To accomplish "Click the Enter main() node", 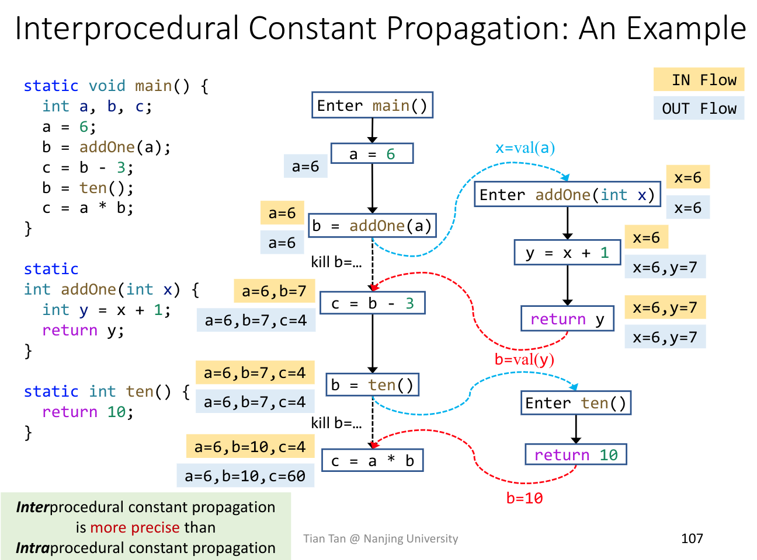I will (372, 106).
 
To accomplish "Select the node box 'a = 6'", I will (372, 154).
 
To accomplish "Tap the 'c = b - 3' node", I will (372, 303).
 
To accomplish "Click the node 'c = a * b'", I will (372, 461).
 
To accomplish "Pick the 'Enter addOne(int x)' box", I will (567, 195).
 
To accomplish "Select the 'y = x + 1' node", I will (567, 253).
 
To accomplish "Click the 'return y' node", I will (567, 319).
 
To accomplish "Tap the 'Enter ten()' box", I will (575, 403).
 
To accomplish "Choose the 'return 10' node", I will (575, 455).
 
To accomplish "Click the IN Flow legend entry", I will (699, 80).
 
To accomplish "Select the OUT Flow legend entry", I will (699, 108).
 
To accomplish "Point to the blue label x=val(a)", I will (525, 148).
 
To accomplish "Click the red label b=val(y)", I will (524, 359).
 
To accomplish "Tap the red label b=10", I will (524, 498).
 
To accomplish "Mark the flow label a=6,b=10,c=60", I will (245, 476).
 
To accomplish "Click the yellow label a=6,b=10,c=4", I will (250, 447).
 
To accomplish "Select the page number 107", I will (692, 538).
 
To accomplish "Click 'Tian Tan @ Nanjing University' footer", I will (380, 538).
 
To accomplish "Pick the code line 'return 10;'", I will (88, 412).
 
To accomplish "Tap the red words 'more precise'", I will (134, 527).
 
